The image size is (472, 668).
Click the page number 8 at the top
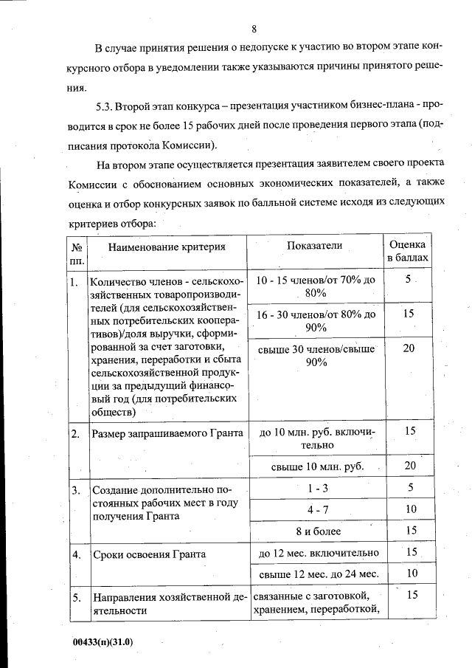point(253,30)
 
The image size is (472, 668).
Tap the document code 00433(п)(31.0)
point(97,641)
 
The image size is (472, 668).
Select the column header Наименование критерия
point(167,247)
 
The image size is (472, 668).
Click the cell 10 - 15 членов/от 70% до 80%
point(316,286)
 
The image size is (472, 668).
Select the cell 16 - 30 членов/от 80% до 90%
point(316,320)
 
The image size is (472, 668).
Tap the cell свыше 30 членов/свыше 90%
point(316,354)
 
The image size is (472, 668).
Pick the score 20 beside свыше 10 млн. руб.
point(409,465)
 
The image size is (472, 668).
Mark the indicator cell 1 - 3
point(317,488)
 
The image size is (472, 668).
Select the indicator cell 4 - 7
point(317,509)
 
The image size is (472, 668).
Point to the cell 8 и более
point(317,531)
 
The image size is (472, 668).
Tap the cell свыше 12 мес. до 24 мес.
point(317,574)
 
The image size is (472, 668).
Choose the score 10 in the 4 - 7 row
point(410,509)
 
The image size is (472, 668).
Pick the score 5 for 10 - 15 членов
point(408,280)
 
